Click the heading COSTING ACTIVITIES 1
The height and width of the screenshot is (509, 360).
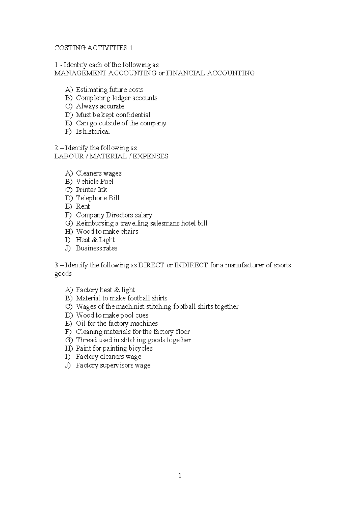pos(93,48)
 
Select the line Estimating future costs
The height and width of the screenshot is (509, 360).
pos(109,90)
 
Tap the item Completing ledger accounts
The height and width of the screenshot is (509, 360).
pos(116,98)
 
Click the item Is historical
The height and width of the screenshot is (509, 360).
pos(93,131)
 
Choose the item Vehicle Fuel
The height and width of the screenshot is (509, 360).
pos(94,182)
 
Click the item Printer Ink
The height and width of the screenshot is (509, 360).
pos(91,190)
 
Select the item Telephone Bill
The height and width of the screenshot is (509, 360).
pos(97,198)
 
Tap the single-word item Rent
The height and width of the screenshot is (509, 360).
pos(83,206)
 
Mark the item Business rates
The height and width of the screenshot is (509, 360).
pos(96,248)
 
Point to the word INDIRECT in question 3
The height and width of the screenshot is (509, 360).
pos(191,265)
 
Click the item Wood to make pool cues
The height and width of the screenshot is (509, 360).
pos(112,315)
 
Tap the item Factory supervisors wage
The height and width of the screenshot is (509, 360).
pos(113,365)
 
